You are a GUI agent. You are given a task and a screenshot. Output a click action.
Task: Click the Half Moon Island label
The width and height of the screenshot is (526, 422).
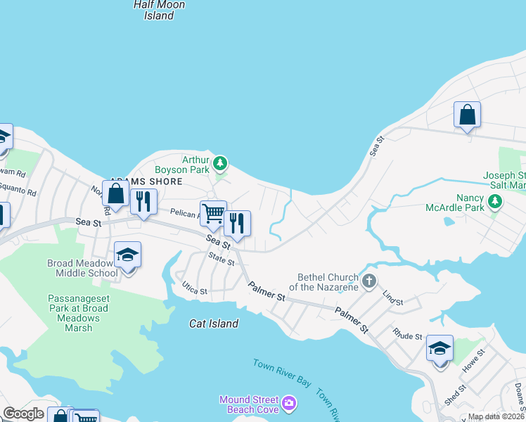159,10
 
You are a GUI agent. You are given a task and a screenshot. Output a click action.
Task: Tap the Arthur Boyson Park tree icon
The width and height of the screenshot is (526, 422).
221,164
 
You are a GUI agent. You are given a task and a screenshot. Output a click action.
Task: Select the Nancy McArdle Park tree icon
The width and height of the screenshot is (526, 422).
496,203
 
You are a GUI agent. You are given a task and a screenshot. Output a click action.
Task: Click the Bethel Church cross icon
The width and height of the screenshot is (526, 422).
367,282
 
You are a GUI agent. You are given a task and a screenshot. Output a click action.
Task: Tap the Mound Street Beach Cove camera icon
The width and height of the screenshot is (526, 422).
289,404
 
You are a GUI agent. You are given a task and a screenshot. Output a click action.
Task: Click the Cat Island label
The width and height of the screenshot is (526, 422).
214,324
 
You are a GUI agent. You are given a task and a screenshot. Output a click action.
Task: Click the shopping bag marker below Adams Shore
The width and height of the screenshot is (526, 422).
115,194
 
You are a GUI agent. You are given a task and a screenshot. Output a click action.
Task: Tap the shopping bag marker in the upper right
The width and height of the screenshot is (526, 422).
467,115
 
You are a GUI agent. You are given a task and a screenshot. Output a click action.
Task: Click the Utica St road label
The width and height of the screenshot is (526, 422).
195,290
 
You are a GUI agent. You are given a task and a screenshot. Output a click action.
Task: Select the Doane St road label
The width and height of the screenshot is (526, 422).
519,395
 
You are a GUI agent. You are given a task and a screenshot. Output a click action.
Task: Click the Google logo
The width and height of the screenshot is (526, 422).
23,414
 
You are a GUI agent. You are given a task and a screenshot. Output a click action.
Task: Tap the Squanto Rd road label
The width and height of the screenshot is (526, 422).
18,191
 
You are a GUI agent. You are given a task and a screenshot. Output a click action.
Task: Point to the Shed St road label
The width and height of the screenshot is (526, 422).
455,395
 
